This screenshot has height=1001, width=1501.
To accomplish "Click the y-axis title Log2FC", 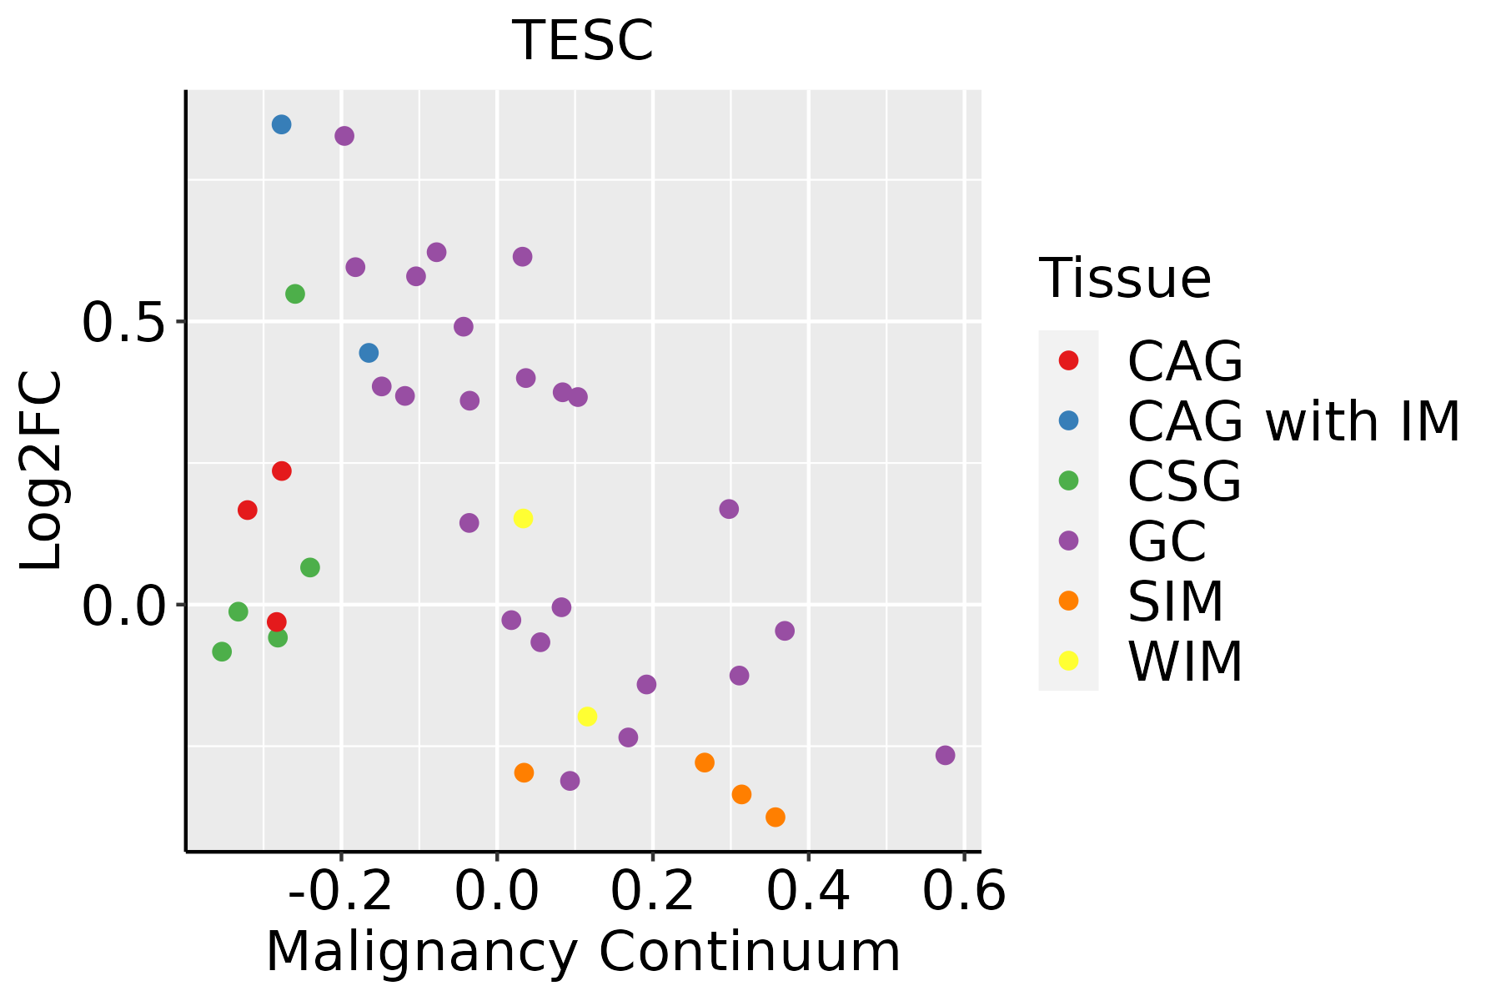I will tap(42, 471).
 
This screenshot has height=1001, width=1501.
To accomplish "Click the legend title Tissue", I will tap(1125, 279).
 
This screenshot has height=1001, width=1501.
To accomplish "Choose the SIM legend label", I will tap(1175, 601).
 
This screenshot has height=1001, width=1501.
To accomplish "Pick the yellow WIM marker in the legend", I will tap(1068, 661).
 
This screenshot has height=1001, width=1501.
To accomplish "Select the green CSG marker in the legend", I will tap(1068, 480).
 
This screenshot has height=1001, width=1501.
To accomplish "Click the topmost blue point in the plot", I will tap(282, 124).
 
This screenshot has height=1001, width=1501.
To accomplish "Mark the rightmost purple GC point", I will tap(945, 755).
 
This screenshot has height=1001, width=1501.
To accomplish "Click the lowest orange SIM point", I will tap(776, 817).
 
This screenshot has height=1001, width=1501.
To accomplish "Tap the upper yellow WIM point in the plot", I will tap(523, 518).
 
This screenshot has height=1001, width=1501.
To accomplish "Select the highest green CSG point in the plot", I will tap(295, 294).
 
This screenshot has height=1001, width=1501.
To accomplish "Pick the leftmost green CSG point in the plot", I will tap(222, 651).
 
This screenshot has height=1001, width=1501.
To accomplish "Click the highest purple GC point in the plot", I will tap(344, 136).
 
